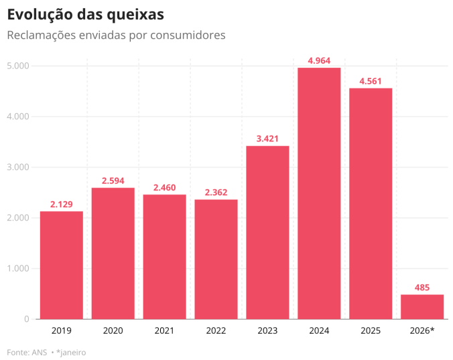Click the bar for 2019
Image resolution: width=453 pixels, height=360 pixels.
pyautogui.click(x=61, y=265)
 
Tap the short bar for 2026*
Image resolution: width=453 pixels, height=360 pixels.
pyautogui.click(x=422, y=307)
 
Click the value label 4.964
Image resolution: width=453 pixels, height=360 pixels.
pyautogui.click(x=319, y=61)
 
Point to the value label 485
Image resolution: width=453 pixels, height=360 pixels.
pyautogui.click(x=422, y=288)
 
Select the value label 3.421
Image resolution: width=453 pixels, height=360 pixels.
pyautogui.click(x=267, y=139)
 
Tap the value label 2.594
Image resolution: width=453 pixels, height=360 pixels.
pyautogui.click(x=113, y=181)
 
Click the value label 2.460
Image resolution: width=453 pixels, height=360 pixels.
pyautogui.click(x=164, y=188)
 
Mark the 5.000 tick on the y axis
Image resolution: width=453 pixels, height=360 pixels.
pyautogui.click(x=17, y=66)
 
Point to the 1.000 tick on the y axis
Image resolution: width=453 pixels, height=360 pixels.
pyautogui.click(x=17, y=269)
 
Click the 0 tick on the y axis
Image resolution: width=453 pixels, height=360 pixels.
pyautogui.click(x=26, y=319)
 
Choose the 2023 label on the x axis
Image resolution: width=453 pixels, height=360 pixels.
pyautogui.click(x=267, y=331)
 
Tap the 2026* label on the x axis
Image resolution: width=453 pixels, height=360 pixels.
pyautogui.click(x=422, y=331)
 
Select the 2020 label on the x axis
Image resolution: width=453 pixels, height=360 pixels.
pyautogui.click(x=113, y=331)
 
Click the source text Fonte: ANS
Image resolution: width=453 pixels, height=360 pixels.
pyautogui.click(x=27, y=352)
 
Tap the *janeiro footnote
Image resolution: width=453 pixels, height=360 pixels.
pyautogui.click(x=71, y=352)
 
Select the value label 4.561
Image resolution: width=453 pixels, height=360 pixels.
pyautogui.click(x=371, y=82)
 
